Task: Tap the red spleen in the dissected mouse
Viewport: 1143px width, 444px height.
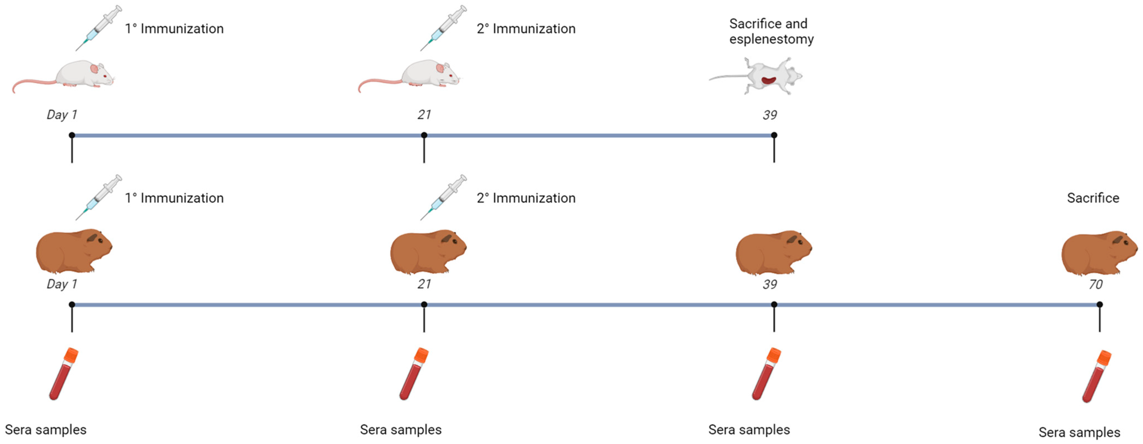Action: tap(769, 81)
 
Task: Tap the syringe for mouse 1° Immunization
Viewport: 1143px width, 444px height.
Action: tap(99, 28)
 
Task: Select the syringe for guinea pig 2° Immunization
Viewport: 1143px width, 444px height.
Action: tap(444, 197)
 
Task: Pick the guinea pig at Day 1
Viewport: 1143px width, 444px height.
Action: tap(73, 251)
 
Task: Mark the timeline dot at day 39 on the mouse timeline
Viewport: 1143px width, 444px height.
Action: tap(774, 135)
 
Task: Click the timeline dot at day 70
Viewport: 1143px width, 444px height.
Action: tap(1099, 305)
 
